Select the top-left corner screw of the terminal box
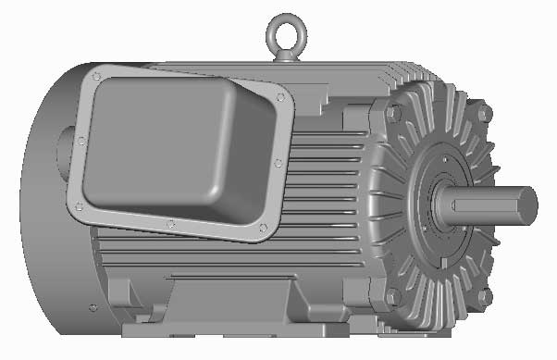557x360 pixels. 96,76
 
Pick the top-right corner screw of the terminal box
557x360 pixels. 278,95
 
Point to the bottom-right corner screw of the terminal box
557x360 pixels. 264,228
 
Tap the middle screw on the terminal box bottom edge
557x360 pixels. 169,223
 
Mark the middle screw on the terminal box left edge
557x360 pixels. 81,141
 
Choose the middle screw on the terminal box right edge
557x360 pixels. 278,163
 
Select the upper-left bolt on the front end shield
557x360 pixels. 395,113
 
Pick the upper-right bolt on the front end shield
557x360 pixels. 483,113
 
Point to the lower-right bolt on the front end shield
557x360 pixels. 484,297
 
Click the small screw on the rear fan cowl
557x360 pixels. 92,307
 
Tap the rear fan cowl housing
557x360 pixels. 42,231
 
